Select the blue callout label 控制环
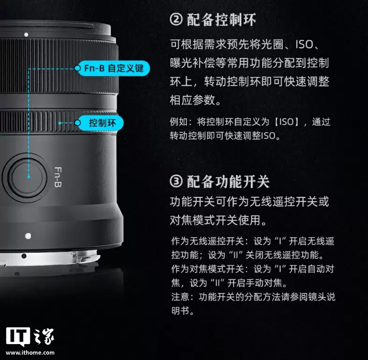pyautogui.click(x=99, y=123)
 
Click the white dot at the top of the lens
pyautogui.click(x=26, y=34)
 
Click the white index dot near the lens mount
pyautogui.click(x=28, y=236)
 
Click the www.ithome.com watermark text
pyautogui.click(x=30, y=352)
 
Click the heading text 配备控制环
pyautogui.click(x=221, y=20)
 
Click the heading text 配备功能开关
pyautogui.click(x=228, y=181)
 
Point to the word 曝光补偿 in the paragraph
pyautogui.click(x=187, y=63)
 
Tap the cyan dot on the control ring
pyautogui.click(x=59, y=123)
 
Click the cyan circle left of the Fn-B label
pyautogui.click(x=78, y=68)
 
